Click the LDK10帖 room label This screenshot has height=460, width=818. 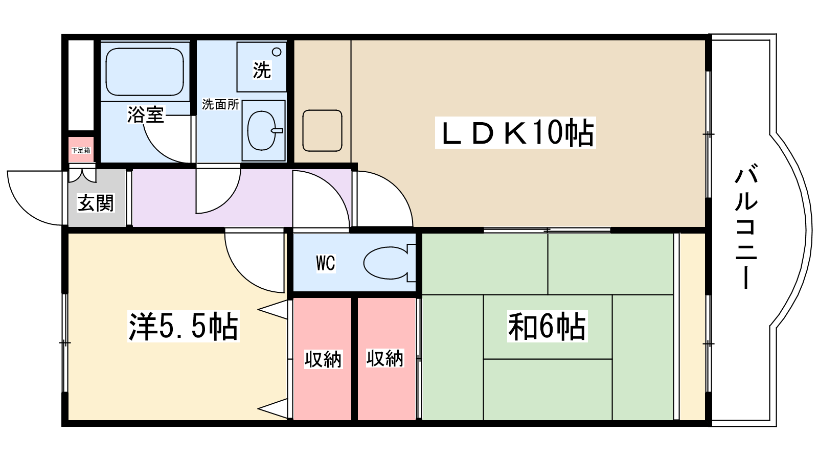point(515,133)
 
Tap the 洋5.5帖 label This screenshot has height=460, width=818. point(183,327)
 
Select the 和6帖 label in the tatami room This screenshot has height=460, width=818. point(547,327)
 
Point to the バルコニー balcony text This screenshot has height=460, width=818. point(746,226)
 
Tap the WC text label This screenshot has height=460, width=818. point(326,264)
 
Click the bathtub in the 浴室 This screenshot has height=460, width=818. point(145,72)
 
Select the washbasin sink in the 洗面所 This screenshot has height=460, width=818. point(262,131)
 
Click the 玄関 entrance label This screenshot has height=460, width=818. point(96,203)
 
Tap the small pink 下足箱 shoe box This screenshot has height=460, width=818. point(81,150)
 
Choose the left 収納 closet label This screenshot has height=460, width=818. point(323,359)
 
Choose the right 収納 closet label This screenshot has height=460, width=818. point(385,358)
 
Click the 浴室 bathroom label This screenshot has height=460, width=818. point(145,114)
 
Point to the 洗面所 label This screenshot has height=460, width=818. point(220,104)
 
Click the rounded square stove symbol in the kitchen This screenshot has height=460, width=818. point(322,130)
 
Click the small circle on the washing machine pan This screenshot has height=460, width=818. point(277,52)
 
